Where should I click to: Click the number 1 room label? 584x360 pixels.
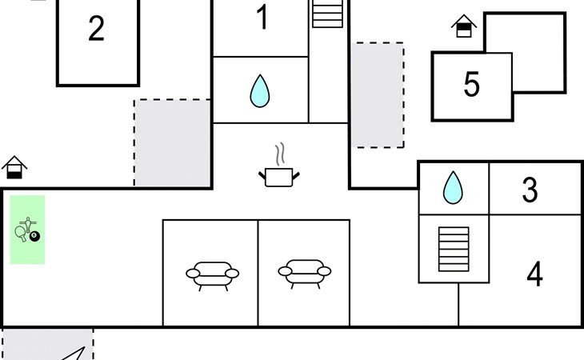262,18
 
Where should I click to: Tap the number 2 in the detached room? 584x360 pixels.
96,30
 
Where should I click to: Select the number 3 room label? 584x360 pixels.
530,190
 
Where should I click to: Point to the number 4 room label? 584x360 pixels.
534,274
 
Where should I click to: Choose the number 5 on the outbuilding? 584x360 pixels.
472,85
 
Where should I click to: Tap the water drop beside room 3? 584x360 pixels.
453,187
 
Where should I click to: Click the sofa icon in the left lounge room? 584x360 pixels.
212,274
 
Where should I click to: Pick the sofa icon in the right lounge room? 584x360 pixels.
305,273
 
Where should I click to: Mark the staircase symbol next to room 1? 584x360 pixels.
327,14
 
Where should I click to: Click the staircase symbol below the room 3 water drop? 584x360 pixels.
454,248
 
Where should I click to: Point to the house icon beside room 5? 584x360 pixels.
464,27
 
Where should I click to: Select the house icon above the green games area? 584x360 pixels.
14,167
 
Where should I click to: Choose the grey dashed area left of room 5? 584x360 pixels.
378,94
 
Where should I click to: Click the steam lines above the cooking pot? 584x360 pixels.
278,152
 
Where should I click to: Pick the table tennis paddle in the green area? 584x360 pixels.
21,233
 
